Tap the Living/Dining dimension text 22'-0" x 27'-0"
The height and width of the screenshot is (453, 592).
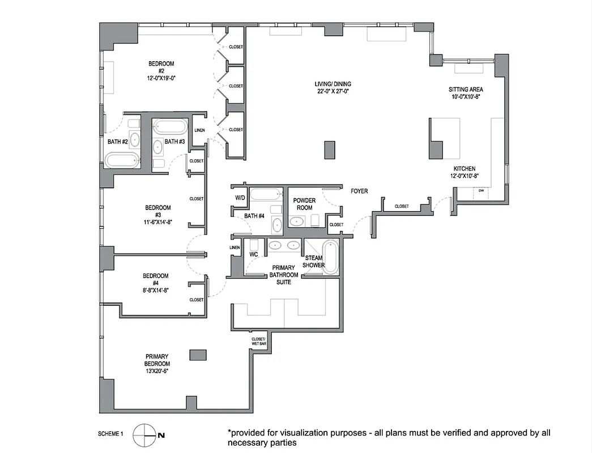[x=334, y=91]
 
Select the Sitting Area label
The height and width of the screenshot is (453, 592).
[x=466, y=89]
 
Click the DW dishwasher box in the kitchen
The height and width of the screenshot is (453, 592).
[x=481, y=191]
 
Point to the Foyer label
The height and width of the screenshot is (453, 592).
[x=359, y=191]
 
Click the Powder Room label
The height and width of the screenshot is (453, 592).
[x=304, y=204]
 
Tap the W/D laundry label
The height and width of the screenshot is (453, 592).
[x=240, y=198]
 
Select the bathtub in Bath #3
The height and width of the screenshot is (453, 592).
[x=170, y=126]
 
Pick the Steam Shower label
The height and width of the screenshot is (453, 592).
[x=313, y=262]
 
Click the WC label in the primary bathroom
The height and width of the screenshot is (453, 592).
[x=254, y=255]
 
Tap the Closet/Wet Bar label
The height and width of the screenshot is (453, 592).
[x=259, y=341]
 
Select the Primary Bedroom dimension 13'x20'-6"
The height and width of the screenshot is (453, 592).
[x=157, y=371]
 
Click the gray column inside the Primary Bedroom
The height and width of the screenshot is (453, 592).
[x=198, y=354]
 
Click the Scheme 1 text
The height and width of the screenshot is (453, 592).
[x=110, y=434]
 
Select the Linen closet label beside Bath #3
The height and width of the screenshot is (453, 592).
[x=200, y=131]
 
